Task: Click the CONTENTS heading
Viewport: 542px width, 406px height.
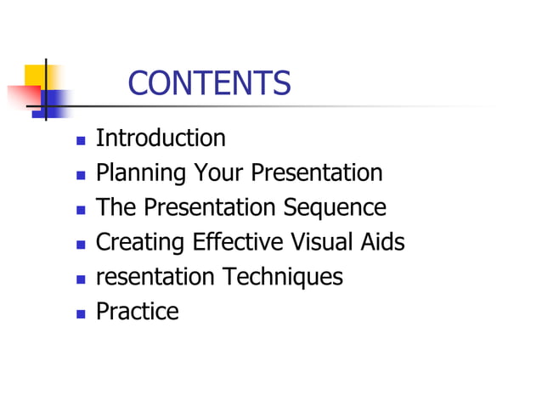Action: [x=209, y=83]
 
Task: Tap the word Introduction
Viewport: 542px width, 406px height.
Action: [x=161, y=138]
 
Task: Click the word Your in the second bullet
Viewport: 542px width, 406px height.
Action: [x=219, y=173]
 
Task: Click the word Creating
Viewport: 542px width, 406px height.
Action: [x=139, y=243]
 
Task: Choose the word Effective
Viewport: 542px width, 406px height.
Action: [x=232, y=243]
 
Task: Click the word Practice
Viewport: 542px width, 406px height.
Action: [x=138, y=312]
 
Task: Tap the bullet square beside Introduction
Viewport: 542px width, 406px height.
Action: [x=81, y=139]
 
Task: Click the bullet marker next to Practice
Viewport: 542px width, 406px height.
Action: [x=81, y=313]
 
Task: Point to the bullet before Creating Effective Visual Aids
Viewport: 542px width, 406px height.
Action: [x=81, y=244]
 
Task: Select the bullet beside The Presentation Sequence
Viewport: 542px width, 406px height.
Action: [x=81, y=209]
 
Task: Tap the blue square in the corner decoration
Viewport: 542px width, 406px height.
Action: [x=54, y=104]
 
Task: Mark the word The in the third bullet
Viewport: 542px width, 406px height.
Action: [x=116, y=208]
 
